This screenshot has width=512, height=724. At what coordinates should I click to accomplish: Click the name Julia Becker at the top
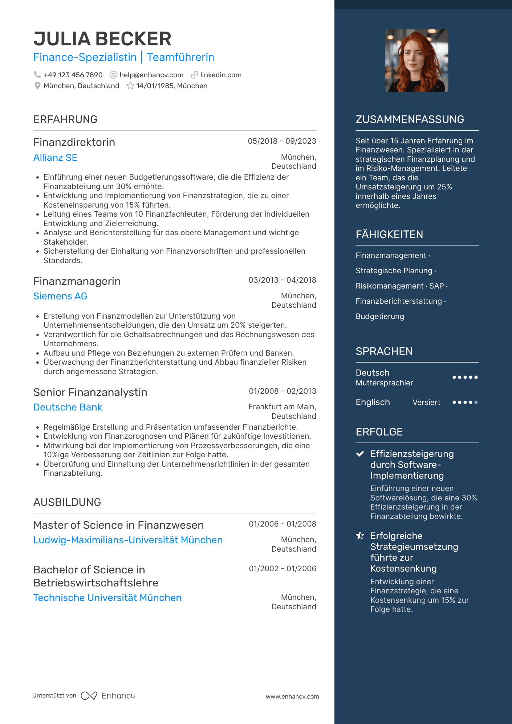102,39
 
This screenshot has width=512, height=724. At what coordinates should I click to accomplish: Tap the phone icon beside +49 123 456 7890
37,75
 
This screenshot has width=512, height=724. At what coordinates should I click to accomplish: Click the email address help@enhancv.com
151,75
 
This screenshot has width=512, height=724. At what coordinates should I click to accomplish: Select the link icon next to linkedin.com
195,75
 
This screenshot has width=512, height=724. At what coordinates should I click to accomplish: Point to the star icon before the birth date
130,86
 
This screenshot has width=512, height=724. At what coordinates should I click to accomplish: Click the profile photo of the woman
416,60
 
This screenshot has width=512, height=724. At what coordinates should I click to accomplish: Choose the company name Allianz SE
55,158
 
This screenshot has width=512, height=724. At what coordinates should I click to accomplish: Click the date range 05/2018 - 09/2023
282,141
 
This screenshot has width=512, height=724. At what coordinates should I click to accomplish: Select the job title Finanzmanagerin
77,281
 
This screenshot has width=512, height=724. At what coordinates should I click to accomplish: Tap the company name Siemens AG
60,296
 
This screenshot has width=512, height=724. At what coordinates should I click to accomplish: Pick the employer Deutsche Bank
68,407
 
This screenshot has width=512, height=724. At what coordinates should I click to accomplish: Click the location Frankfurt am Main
282,407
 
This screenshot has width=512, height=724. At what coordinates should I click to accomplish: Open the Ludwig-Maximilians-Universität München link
128,540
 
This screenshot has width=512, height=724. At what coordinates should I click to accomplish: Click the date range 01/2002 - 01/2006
282,569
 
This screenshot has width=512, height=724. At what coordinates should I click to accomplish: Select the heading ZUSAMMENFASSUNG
410,119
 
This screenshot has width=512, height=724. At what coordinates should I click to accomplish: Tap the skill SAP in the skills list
436,286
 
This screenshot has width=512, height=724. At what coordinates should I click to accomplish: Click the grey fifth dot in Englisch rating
476,402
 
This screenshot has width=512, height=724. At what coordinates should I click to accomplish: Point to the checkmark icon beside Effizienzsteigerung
360,454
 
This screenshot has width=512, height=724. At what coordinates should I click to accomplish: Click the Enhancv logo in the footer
108,696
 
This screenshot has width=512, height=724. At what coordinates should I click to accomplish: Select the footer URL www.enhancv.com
292,696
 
